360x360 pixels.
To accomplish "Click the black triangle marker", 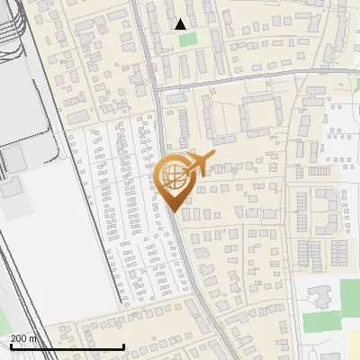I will pos(181,24).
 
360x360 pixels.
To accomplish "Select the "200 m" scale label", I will pos(24,338).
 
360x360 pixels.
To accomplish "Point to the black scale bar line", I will pos(67,347).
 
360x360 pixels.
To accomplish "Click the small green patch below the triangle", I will pos(187,40).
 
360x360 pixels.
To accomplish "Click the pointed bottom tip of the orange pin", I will pos(173,211).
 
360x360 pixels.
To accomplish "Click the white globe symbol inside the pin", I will pos(173,176).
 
